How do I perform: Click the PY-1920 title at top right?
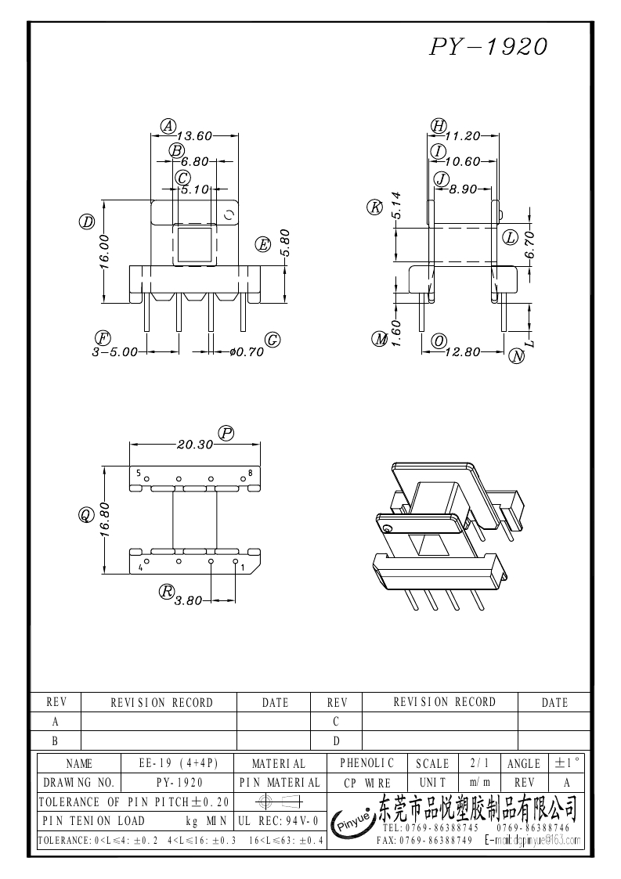pyautogui.click(x=488, y=47)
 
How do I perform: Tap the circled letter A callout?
pyautogui.click(x=167, y=125)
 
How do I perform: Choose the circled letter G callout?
pyautogui.click(x=273, y=340)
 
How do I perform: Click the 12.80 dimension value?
pyautogui.click(x=462, y=352)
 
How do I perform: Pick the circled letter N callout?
pyautogui.click(x=517, y=356)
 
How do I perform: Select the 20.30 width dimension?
pyautogui.click(x=195, y=444)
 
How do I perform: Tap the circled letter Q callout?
pyautogui.click(x=86, y=514)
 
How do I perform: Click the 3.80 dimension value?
pyautogui.click(x=188, y=600)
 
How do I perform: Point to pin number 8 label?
pyautogui.click(x=250, y=474)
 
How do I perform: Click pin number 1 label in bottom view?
pyautogui.click(x=243, y=567)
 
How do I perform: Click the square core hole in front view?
pyautogui.click(x=193, y=244)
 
